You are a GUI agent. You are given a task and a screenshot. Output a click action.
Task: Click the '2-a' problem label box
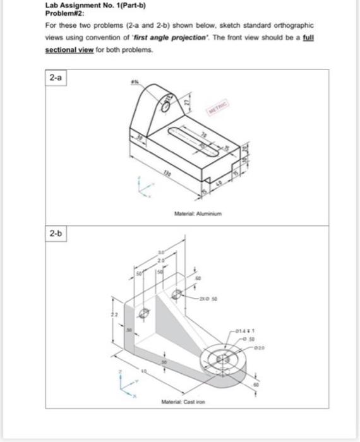pos(56,78)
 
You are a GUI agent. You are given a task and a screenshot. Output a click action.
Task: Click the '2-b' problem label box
pos(56,234)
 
